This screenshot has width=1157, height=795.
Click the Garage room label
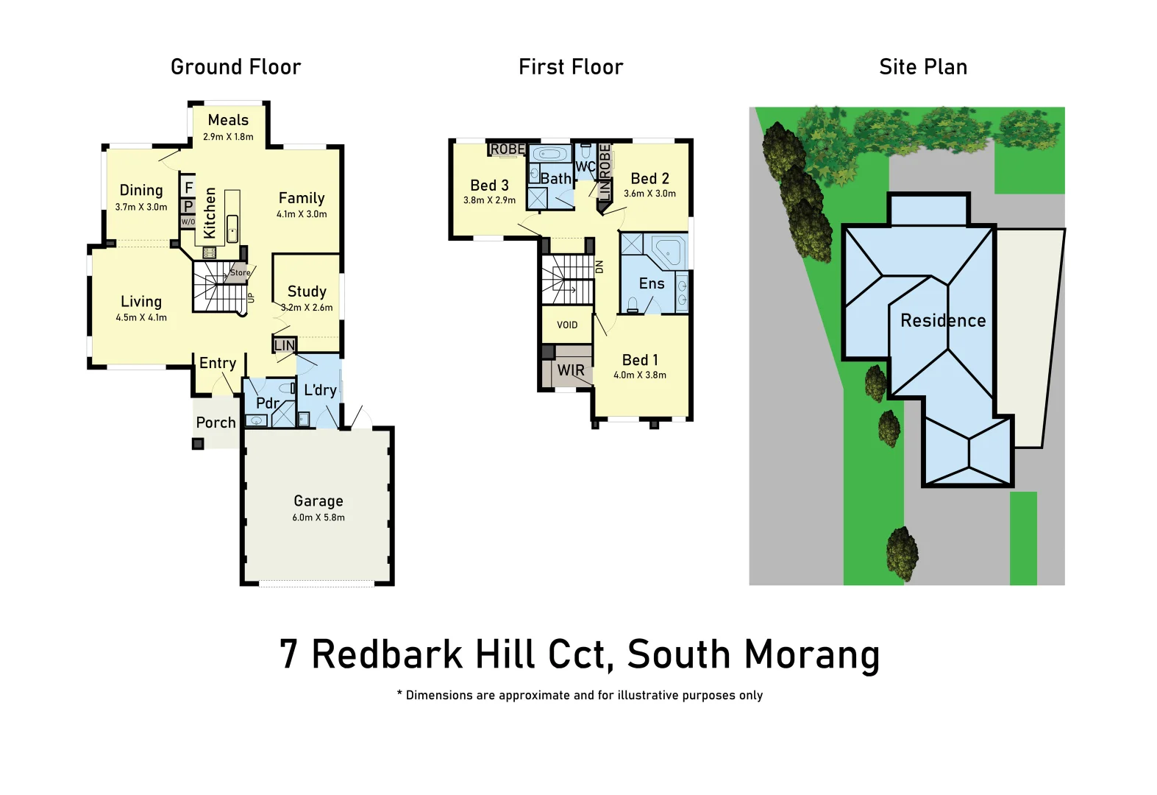click(x=318, y=501)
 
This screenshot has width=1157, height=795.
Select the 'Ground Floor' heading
click(x=235, y=67)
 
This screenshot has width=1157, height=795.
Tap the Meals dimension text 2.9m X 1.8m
click(x=228, y=137)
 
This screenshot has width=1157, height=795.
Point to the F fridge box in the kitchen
click(x=188, y=188)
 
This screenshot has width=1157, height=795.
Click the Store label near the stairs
click(x=240, y=272)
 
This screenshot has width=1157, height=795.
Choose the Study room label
click(x=307, y=291)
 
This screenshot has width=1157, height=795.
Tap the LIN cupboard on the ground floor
click(x=284, y=345)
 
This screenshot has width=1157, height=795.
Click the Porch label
click(x=216, y=423)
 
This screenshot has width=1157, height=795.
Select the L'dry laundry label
click(x=320, y=390)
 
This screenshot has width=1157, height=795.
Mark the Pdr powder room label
click(x=267, y=403)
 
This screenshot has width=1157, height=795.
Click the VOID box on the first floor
click(x=567, y=325)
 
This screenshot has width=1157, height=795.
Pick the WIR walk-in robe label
click(x=571, y=370)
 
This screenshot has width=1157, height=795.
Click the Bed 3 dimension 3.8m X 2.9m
click(x=489, y=200)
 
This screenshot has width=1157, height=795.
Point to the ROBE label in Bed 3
click(x=508, y=149)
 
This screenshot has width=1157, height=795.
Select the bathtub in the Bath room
click(x=549, y=155)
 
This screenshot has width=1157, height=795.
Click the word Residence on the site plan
click(x=943, y=321)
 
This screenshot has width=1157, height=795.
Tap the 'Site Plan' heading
click(x=923, y=67)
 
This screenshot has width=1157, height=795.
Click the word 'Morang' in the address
click(x=812, y=654)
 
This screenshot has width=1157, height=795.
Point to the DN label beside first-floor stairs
click(x=599, y=266)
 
